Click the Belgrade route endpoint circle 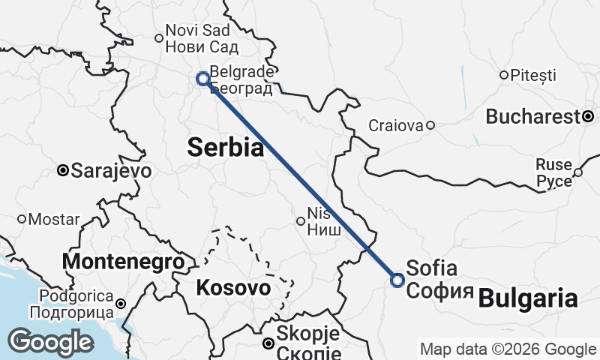202,78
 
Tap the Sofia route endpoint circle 397,280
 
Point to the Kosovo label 233,287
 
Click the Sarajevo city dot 63,171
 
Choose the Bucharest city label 533,117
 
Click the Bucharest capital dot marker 589,116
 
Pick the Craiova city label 396,126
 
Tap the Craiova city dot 430,125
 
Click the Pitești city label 533,75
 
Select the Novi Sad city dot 158,38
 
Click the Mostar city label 54,220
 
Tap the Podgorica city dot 121,304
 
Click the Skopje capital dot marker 268,343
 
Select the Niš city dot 300,220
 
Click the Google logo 50,341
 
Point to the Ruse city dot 577,172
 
